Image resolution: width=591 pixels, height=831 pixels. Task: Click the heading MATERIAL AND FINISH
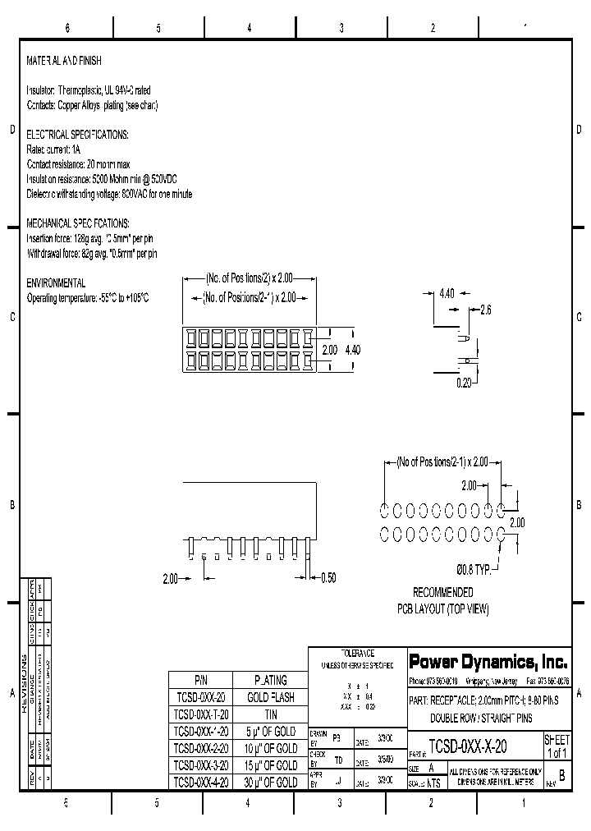64,62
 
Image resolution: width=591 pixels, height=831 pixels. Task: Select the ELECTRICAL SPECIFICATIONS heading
77,134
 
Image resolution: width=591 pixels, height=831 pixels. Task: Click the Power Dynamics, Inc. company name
488,661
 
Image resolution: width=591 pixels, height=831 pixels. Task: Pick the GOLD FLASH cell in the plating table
270,697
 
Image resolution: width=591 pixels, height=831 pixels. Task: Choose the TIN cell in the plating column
270,714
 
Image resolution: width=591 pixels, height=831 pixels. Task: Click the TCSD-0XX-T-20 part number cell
201,714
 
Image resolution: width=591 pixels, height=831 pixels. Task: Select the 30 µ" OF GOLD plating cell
270,783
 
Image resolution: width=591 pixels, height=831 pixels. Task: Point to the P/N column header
201,680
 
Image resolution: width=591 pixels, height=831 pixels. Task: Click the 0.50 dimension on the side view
328,578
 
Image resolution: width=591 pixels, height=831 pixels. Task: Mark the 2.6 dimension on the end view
485,310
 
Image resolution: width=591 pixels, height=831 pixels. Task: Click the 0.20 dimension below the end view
465,383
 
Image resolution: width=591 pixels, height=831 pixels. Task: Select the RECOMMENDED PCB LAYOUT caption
442,601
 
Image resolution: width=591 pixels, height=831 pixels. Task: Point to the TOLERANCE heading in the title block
357,651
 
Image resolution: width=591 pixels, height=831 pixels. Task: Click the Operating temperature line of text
88,297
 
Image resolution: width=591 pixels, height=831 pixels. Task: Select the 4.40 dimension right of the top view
351,350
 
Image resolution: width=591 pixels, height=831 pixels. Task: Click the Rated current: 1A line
54,149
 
